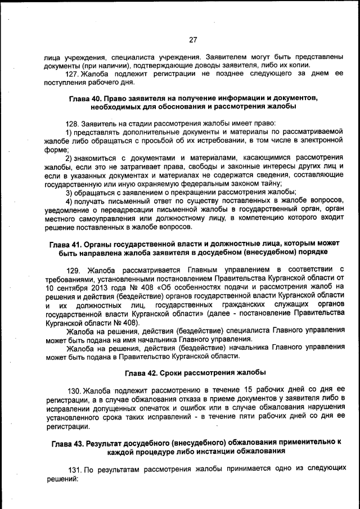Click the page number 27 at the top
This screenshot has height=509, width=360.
point(192,39)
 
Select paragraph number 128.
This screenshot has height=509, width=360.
point(73,123)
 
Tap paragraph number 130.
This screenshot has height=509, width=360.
point(74,390)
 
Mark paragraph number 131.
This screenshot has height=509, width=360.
point(75,469)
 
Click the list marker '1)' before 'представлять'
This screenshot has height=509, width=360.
point(69,132)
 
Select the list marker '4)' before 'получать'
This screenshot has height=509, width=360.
point(69,201)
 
